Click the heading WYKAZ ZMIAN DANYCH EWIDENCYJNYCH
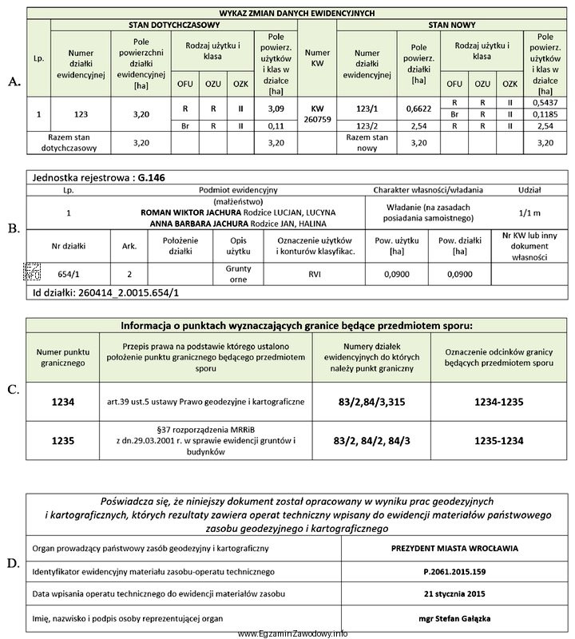(296, 14)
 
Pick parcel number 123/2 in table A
(365, 125)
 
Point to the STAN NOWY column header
(451, 26)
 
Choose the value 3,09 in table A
(276, 109)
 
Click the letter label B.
(12, 228)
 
